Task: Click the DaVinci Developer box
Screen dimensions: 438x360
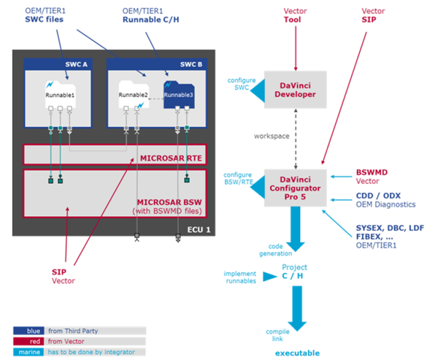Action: (x=295, y=89)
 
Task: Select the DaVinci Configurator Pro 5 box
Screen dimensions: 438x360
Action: (x=295, y=188)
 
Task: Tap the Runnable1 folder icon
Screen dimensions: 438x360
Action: (x=61, y=94)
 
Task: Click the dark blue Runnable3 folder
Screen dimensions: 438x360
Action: (x=179, y=94)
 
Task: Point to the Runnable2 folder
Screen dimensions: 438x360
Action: (x=134, y=94)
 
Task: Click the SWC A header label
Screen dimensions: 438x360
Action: (x=76, y=64)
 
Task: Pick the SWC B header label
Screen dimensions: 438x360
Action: (x=191, y=64)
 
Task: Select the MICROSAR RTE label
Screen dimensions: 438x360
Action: (x=171, y=158)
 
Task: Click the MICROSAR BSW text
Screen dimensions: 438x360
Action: (x=169, y=202)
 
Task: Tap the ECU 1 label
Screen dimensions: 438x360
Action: (x=199, y=229)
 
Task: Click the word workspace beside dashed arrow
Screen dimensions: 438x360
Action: (x=272, y=136)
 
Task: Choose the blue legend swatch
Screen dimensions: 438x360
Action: (x=28, y=331)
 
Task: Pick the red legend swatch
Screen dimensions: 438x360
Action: (x=28, y=341)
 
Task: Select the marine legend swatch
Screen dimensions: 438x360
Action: (x=28, y=352)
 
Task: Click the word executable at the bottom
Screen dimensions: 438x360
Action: (x=298, y=353)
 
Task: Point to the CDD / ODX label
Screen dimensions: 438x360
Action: (x=378, y=196)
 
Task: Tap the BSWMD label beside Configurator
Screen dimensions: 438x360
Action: (x=372, y=172)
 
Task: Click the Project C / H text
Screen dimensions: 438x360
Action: (x=294, y=272)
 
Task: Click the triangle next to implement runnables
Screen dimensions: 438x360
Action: (x=269, y=277)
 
